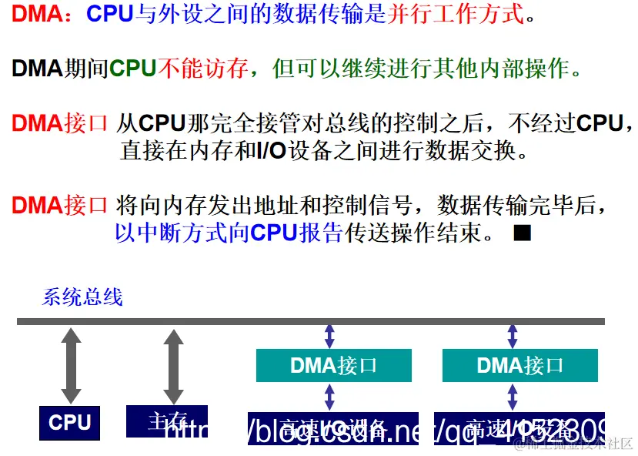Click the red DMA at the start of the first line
[x=36, y=13]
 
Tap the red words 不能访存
[x=202, y=69]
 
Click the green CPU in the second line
[x=132, y=69]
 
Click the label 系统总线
[x=82, y=297]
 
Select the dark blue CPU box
[x=70, y=422]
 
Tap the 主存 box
[x=167, y=421]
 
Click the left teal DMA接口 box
[x=333, y=365]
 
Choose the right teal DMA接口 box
[x=520, y=365]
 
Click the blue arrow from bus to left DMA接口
[x=329, y=336]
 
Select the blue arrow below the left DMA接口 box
[x=329, y=396]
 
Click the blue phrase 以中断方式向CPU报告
[x=229, y=232]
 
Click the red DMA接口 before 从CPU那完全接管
[x=59, y=123]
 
